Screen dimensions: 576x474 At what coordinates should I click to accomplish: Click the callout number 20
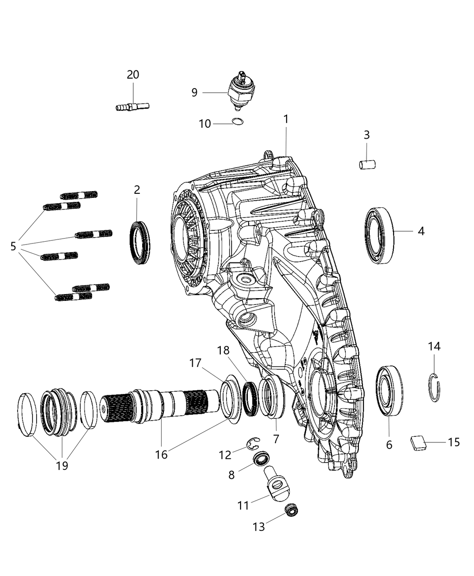point(133,75)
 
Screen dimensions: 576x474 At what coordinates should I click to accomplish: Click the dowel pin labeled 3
point(367,164)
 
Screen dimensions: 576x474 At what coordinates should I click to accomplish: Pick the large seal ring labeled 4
point(379,235)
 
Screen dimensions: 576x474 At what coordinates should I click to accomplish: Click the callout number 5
point(13,246)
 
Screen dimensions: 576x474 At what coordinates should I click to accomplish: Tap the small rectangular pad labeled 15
point(419,442)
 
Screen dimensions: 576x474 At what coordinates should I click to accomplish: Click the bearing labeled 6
point(389,391)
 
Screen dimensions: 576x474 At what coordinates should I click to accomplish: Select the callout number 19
point(62,465)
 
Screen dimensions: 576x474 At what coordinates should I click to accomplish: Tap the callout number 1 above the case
point(286,119)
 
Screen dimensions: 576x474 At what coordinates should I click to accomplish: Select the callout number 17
point(195,363)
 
